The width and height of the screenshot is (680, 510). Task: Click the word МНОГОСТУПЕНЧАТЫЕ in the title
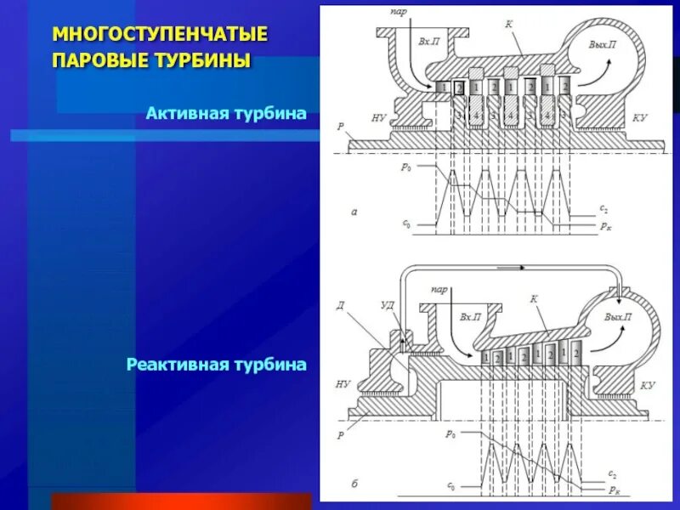pos(161,35)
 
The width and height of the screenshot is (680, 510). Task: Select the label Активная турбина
pos(225,112)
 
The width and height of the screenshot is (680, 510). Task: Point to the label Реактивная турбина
pos(216,365)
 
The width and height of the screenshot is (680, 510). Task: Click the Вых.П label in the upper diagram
pos(601,43)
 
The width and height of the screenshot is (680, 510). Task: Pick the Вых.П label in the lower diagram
pos(617,316)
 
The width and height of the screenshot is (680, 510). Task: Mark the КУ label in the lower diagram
pos(648,385)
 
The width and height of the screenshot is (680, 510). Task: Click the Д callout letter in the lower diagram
pos(340,305)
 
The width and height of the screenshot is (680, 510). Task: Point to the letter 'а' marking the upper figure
pos(354,212)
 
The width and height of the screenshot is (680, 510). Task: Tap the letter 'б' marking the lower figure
pos(354,484)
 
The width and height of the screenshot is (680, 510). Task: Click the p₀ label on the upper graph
pos(405,167)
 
